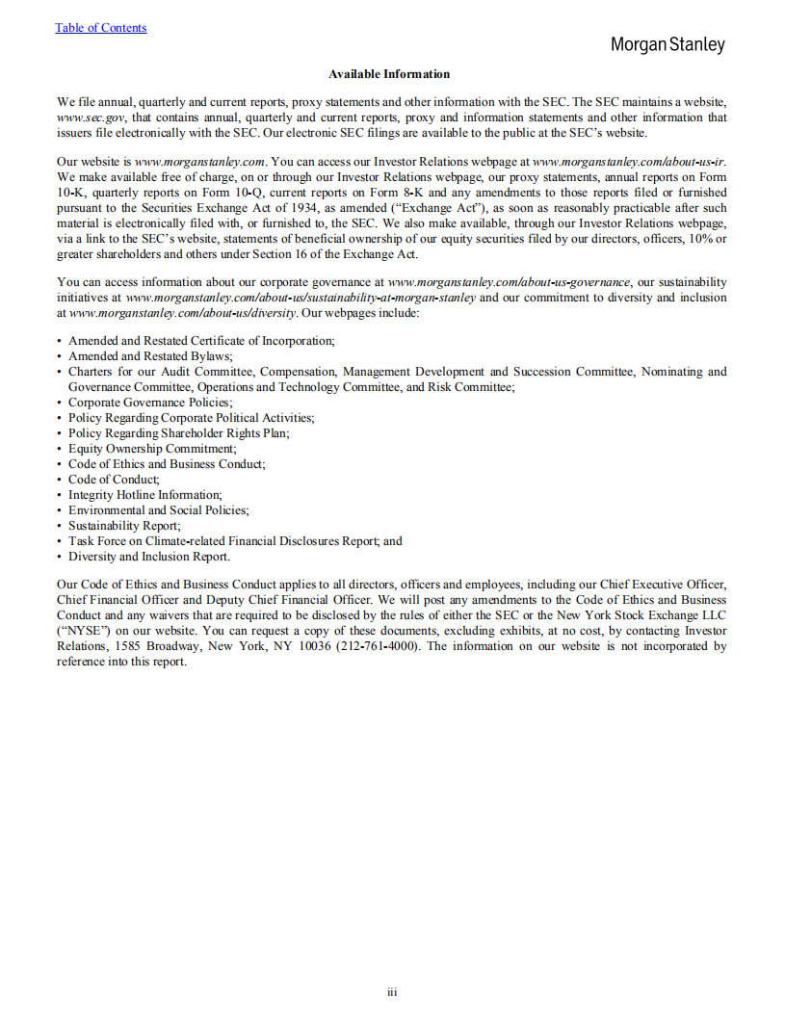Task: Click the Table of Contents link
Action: [x=101, y=28]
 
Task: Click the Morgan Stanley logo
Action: [x=667, y=44]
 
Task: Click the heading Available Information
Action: [x=389, y=74]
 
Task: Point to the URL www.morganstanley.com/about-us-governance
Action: [x=509, y=282]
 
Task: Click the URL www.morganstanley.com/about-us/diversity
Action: [x=184, y=313]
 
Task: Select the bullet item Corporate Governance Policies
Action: [x=149, y=403]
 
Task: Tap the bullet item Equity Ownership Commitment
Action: [x=151, y=449]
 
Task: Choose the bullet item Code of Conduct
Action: [x=114, y=480]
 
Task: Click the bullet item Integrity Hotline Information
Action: [x=144, y=495]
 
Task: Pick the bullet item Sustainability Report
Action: [x=123, y=526]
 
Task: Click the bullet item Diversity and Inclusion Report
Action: [x=148, y=557]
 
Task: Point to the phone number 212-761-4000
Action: [x=378, y=646]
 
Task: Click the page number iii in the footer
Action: [x=392, y=992]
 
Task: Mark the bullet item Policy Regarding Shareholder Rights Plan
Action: [x=178, y=433]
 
